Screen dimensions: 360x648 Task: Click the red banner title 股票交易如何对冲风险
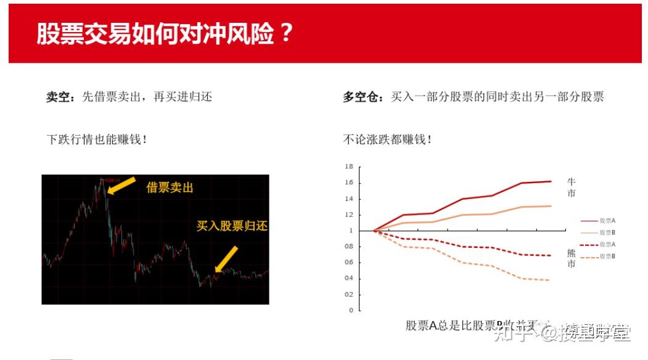pyautogui.click(x=164, y=34)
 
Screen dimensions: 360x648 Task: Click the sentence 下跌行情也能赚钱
pyautogui.click(x=97, y=139)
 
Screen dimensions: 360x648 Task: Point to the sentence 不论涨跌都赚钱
pyautogui.click(x=387, y=139)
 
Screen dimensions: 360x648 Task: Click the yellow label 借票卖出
pyautogui.click(x=170, y=187)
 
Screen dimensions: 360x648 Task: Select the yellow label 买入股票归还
pyautogui.click(x=232, y=226)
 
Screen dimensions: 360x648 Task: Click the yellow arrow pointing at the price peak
pyautogui.click(x=121, y=185)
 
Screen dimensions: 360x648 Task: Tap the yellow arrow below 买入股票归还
pyautogui.click(x=226, y=259)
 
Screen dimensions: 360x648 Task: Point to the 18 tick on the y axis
pyautogui.click(x=349, y=166)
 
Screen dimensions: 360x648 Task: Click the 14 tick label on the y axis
pyautogui.click(x=349, y=198)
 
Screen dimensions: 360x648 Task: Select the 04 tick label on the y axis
pyautogui.click(x=349, y=278)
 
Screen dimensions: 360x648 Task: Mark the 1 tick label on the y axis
pyautogui.click(x=351, y=231)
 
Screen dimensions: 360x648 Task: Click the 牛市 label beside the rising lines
pyautogui.click(x=572, y=187)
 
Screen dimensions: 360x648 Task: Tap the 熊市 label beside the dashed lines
pyautogui.click(x=572, y=258)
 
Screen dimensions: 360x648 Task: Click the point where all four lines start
pyautogui.click(x=374, y=231)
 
